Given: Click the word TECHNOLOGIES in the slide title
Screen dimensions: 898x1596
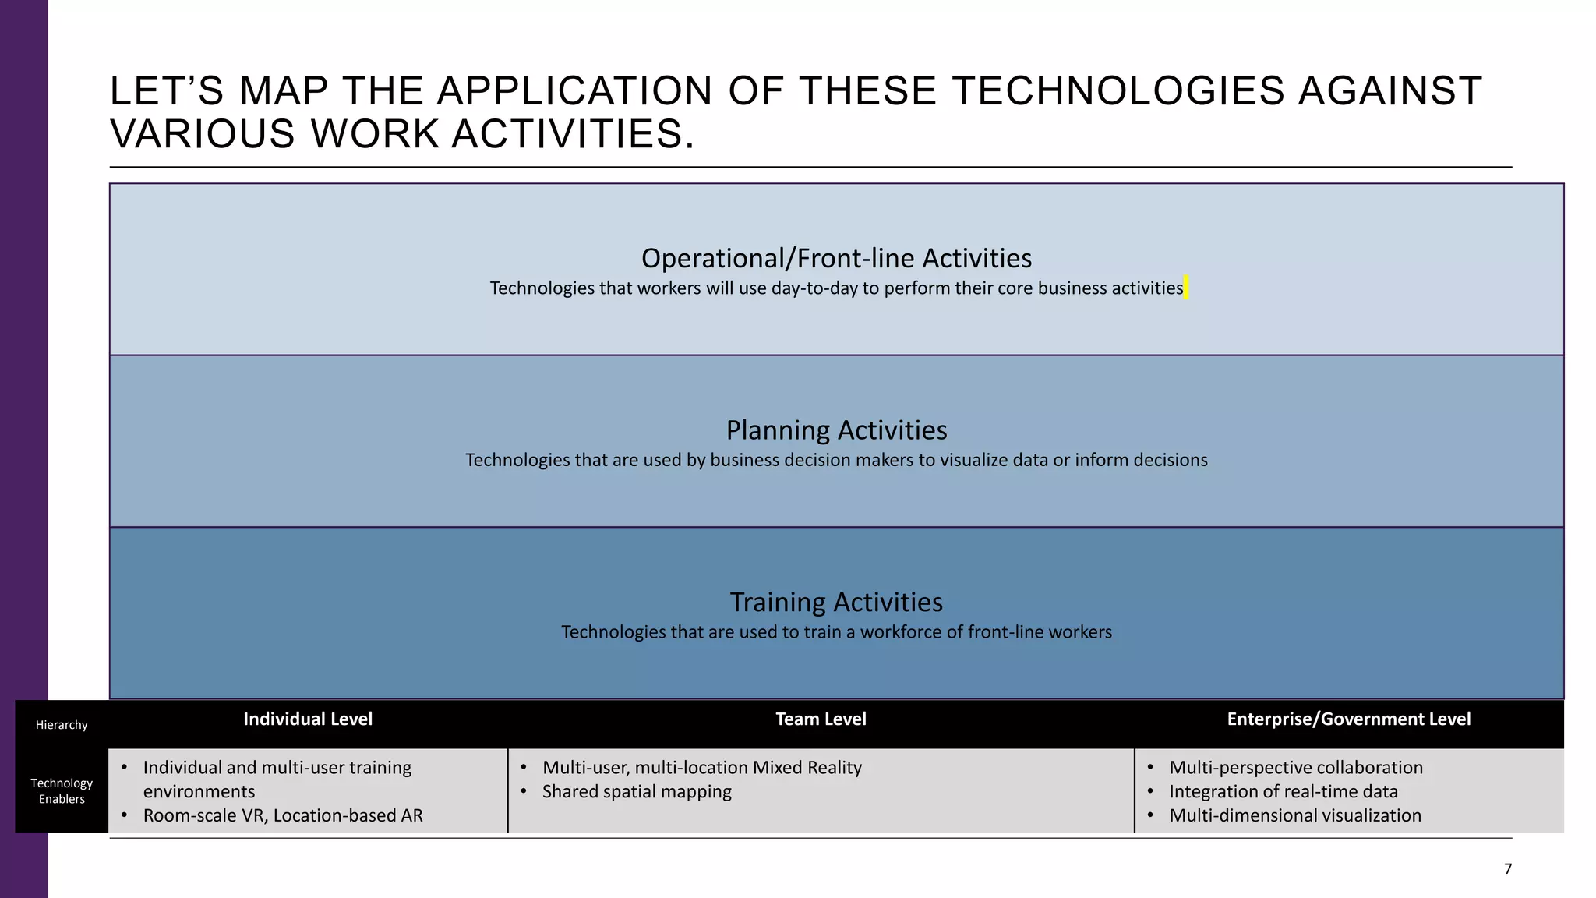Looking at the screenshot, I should [1118, 91].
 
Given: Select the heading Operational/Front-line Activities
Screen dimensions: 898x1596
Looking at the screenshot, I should [836, 258].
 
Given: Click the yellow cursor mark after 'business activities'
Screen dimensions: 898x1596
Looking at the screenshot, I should [1186, 288].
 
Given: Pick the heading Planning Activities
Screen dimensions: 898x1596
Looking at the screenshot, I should [836, 430].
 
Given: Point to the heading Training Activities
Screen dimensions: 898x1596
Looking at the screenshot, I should [836, 602].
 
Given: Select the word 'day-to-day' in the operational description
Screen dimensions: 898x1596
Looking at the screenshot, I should [814, 288].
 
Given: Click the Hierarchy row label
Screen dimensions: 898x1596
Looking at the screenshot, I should [62, 725].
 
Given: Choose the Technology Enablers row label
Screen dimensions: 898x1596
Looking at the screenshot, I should [62, 790].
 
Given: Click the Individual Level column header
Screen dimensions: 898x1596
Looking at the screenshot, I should [308, 719].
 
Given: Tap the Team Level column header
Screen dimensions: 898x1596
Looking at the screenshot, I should [821, 719].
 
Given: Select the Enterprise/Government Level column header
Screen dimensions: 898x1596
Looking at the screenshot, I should [1348, 719].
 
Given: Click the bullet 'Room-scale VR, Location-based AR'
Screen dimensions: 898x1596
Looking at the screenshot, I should [283, 815].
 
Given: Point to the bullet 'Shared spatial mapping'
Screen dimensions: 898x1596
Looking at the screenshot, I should [637, 792].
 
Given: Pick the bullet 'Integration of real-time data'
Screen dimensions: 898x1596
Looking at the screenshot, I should [1283, 792].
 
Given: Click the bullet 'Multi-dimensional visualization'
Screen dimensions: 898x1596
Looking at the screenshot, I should [1294, 815].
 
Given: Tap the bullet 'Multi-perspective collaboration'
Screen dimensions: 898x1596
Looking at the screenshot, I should [1295, 768].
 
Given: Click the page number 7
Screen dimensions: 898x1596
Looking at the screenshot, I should [1508, 868].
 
